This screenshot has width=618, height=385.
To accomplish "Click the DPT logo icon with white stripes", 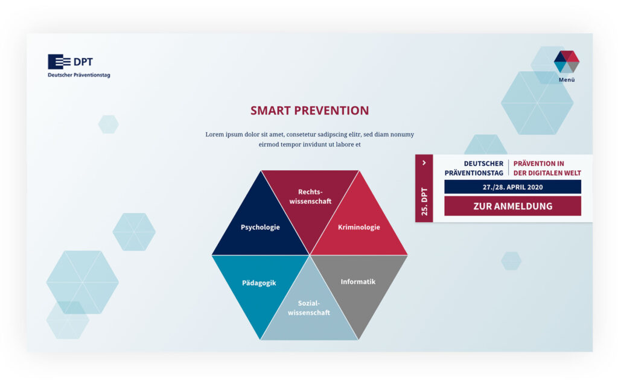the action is coord(59,62).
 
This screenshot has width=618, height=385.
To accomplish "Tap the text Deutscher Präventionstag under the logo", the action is coord(79,75).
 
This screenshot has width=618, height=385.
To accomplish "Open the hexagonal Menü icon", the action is coord(566,62).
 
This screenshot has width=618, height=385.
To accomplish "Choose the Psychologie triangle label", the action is coord(260,227).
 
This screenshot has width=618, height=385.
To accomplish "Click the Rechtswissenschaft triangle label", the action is coord(310,196).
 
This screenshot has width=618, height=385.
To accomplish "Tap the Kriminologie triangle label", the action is coord(358,227).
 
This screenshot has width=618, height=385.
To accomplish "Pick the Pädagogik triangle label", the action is coord(259,283).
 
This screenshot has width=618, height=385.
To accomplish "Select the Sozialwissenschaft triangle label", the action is coord(309,308).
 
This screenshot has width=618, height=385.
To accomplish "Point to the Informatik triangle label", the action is coord(358,281).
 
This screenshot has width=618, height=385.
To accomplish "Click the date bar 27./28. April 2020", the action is coord(512,187).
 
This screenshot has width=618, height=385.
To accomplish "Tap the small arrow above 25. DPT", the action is coord(424,163).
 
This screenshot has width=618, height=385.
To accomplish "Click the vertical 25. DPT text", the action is coord(424,202).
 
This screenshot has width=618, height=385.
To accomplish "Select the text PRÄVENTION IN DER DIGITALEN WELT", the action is coord(547,168).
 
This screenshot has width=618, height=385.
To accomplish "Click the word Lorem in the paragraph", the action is coord(215,135).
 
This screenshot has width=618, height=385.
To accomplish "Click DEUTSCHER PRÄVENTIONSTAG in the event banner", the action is coord(474,168).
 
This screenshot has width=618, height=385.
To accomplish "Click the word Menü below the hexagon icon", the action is coord(567,80).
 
